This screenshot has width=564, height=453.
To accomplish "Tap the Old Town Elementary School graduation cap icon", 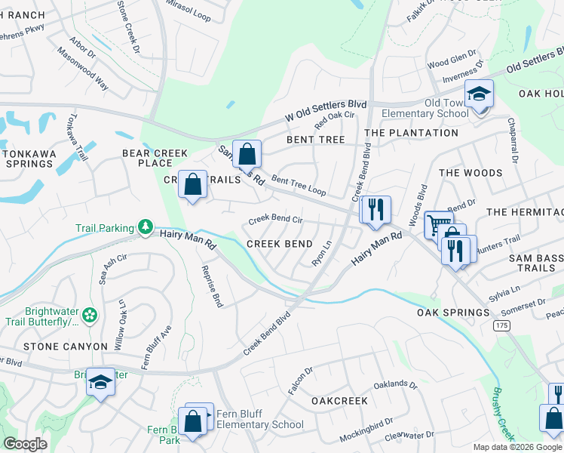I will click(x=479, y=94).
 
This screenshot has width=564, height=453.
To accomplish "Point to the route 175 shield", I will click(x=501, y=325).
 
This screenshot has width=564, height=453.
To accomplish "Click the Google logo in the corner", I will click(x=25, y=445).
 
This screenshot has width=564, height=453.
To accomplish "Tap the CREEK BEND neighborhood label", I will click(x=280, y=244).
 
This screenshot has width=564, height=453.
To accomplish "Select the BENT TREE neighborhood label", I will click(x=315, y=140).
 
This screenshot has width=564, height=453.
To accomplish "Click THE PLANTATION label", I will click(x=411, y=133).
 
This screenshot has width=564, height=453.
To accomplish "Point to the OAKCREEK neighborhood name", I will click(x=339, y=401).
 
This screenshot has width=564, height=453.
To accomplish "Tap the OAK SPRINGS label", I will click(x=453, y=313).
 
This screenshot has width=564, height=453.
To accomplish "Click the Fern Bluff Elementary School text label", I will click(x=260, y=419).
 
